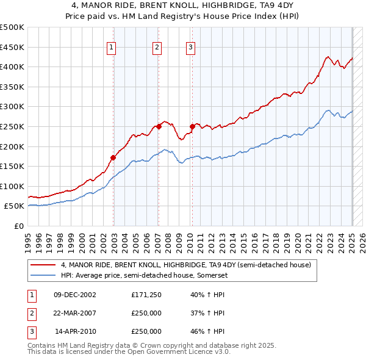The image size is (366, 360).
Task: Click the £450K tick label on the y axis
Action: coord(13,47)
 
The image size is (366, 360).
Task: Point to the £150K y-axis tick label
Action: coord(13,166)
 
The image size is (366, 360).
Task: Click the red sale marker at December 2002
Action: coord(113,157)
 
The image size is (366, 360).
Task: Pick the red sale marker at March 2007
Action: coord(159,126)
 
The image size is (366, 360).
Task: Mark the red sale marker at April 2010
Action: coord(192,126)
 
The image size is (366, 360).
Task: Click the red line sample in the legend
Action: coord(42,265)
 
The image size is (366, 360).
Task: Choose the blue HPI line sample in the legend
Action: coord(42,275)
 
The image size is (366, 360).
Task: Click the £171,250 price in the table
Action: coord(146,295)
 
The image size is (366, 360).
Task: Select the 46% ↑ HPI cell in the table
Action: coord(207,331)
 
